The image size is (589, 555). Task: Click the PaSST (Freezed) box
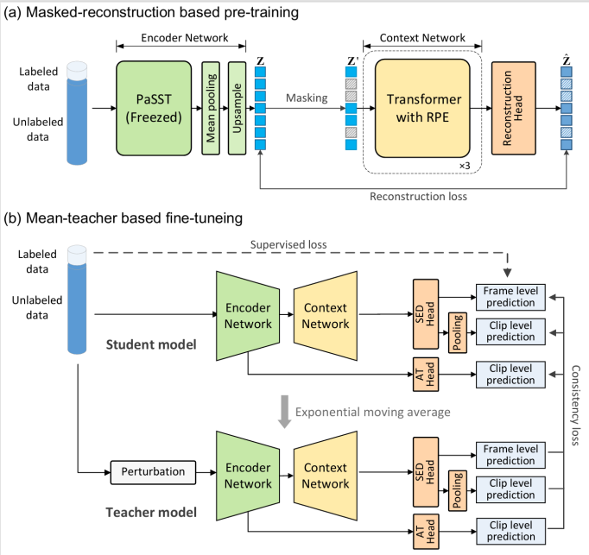click(x=154, y=108)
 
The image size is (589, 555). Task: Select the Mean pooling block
click(x=211, y=108)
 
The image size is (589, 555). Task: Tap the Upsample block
click(x=237, y=108)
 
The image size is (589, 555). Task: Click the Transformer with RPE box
click(x=422, y=108)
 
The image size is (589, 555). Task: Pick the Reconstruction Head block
click(x=514, y=108)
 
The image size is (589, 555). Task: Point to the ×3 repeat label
click(x=465, y=166)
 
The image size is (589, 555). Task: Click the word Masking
click(x=307, y=98)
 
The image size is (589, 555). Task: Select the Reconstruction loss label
click(x=419, y=197)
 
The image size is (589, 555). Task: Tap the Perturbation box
click(x=153, y=472)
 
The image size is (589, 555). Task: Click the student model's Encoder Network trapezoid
click(x=248, y=316)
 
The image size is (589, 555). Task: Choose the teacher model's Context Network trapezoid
click(x=326, y=476)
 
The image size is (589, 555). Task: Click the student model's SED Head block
click(x=426, y=314)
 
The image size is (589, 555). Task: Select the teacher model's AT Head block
click(x=426, y=532)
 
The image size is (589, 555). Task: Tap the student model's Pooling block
click(x=458, y=332)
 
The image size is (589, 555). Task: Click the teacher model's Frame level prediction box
click(x=510, y=455)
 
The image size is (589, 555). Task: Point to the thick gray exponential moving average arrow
click(x=285, y=412)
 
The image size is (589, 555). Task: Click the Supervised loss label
click(x=288, y=245)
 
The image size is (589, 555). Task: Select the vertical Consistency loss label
click(x=575, y=406)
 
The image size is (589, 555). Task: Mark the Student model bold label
click(x=151, y=344)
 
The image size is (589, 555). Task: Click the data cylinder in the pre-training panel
click(x=77, y=113)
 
